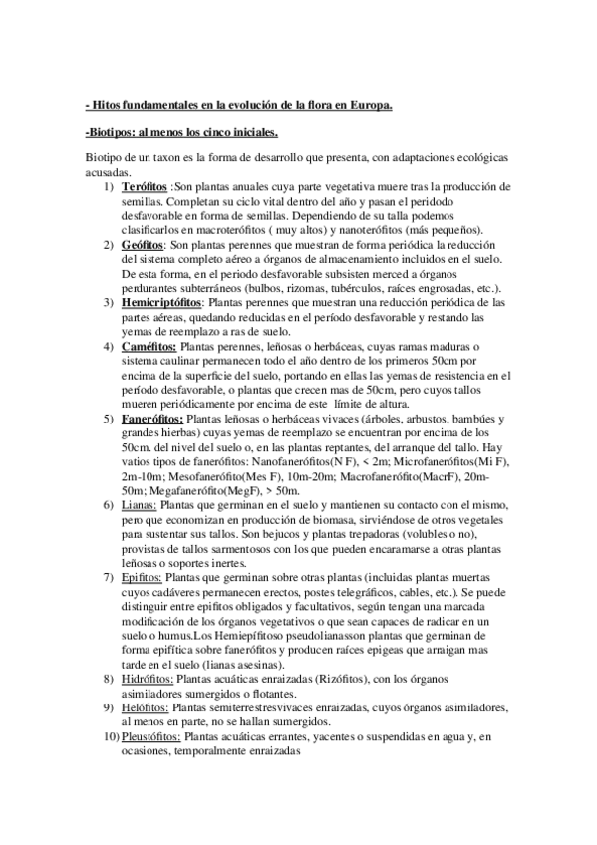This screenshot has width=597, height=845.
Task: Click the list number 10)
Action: pyautogui.click(x=110, y=736)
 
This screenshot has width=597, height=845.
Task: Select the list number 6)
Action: pyautogui.click(x=112, y=504)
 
